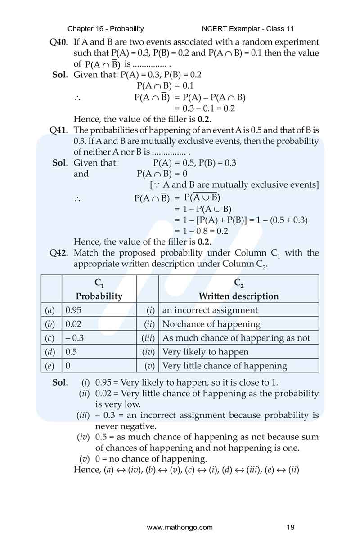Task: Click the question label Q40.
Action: coord(58,42)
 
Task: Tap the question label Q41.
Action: coord(58,130)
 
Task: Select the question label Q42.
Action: coord(58,253)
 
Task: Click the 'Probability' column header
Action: coord(99,296)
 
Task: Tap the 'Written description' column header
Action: coord(238,296)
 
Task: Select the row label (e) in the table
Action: coord(50,366)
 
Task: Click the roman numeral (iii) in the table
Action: coord(148,338)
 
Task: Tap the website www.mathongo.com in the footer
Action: coord(180,527)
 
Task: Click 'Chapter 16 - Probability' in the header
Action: coord(106,29)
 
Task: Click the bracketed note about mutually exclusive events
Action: coord(234,185)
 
